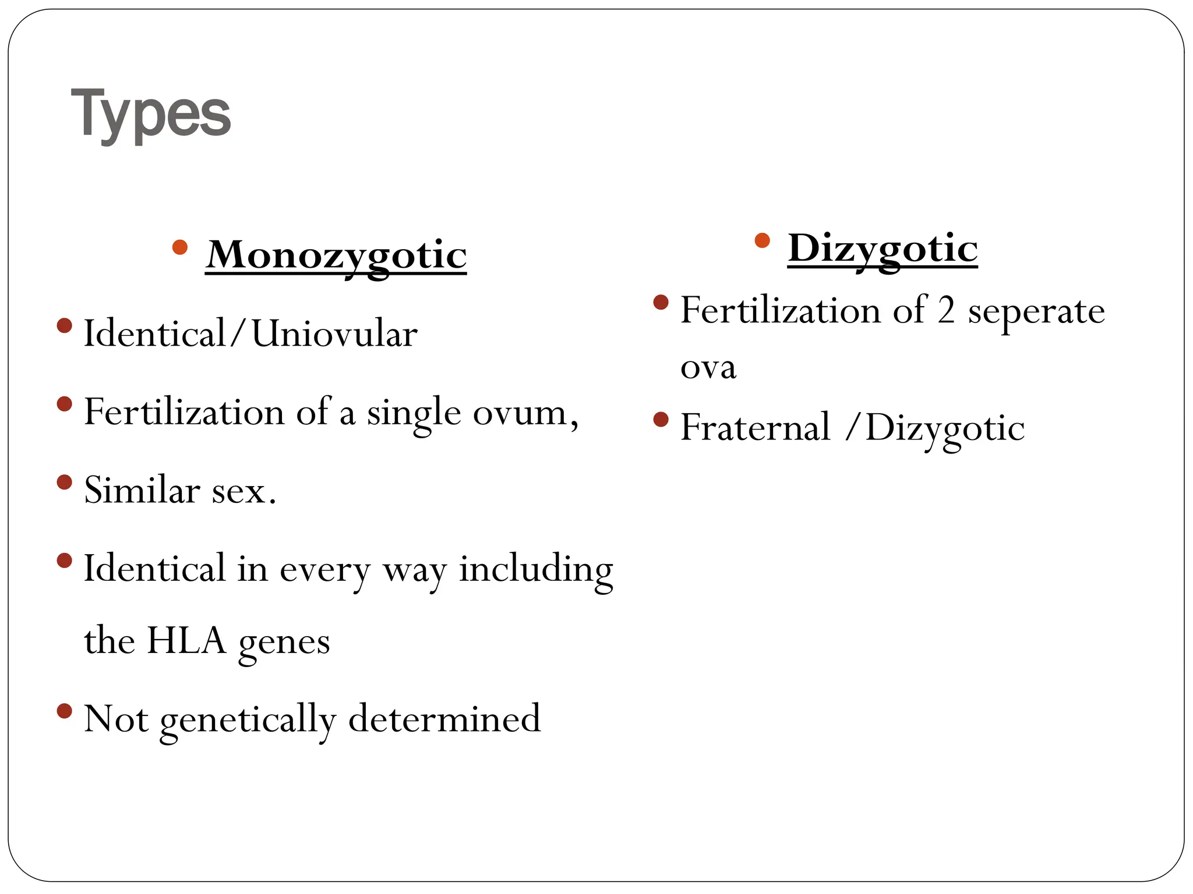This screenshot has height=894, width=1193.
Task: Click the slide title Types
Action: coord(151,113)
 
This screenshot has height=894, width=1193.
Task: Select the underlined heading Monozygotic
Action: coord(336,256)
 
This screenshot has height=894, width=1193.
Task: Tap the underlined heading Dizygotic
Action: coord(883,249)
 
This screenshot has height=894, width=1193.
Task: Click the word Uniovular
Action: coord(334,334)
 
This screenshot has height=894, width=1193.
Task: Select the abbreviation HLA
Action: coord(186,641)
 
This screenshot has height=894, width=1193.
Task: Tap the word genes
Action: coord(284,643)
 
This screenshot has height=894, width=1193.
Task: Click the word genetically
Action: coord(248,719)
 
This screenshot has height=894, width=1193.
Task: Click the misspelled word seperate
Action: coord(1036,311)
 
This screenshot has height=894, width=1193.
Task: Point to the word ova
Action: coord(708,367)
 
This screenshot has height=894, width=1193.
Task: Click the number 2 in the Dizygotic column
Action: coord(946,310)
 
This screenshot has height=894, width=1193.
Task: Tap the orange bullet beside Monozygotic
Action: coord(180,247)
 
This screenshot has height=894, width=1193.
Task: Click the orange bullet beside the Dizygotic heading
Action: coord(762,240)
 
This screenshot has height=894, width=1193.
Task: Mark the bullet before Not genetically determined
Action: coord(65,711)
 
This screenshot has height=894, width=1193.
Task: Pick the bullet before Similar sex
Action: coord(65,482)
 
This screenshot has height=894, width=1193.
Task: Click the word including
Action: coord(536,569)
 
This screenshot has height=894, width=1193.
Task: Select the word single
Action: coord(414,414)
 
